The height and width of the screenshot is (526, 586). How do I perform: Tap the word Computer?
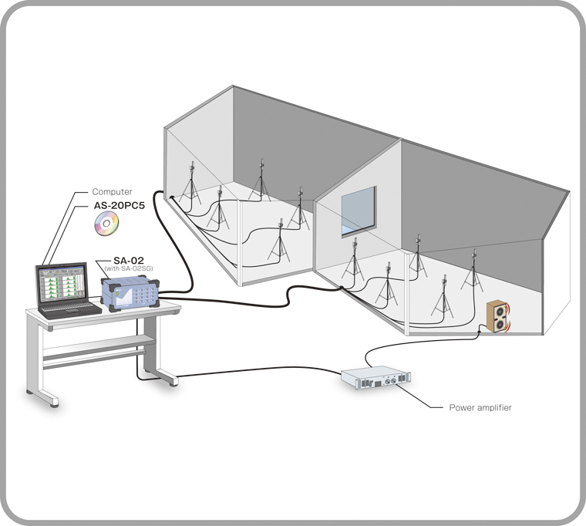(113, 191)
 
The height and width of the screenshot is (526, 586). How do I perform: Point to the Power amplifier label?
(480, 406)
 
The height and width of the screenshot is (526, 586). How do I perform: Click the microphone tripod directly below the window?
(354, 262)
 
